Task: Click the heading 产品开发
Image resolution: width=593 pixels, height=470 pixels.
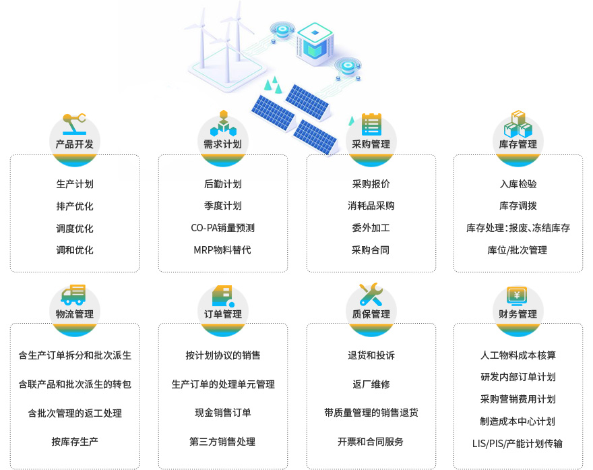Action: point(75,144)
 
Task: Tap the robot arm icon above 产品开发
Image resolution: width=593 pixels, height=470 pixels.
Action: point(75,124)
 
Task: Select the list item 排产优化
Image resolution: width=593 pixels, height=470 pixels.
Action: point(75,206)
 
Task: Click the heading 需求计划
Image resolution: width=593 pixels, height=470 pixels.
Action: point(223,144)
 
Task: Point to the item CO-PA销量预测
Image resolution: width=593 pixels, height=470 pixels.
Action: point(223,228)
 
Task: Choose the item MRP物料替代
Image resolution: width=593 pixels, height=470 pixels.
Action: point(223,250)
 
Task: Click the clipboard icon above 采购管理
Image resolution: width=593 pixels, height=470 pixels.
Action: point(371,124)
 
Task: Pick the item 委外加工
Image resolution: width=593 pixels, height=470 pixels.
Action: point(371,228)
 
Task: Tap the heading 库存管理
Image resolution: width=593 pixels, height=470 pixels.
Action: point(518,144)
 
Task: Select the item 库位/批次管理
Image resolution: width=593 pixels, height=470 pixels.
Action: point(518,250)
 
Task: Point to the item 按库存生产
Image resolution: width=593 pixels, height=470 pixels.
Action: point(75,442)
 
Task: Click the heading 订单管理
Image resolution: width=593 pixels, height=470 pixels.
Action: point(223,314)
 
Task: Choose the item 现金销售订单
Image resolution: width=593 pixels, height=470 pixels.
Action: point(223,413)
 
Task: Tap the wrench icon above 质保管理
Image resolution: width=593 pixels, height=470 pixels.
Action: point(371,295)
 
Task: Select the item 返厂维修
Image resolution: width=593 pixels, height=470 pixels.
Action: point(371,384)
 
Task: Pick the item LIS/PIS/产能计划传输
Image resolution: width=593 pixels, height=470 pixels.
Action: point(518,443)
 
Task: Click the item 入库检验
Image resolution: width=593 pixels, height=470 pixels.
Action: point(518,183)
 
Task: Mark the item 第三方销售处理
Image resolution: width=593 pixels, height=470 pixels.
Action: point(223,442)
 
